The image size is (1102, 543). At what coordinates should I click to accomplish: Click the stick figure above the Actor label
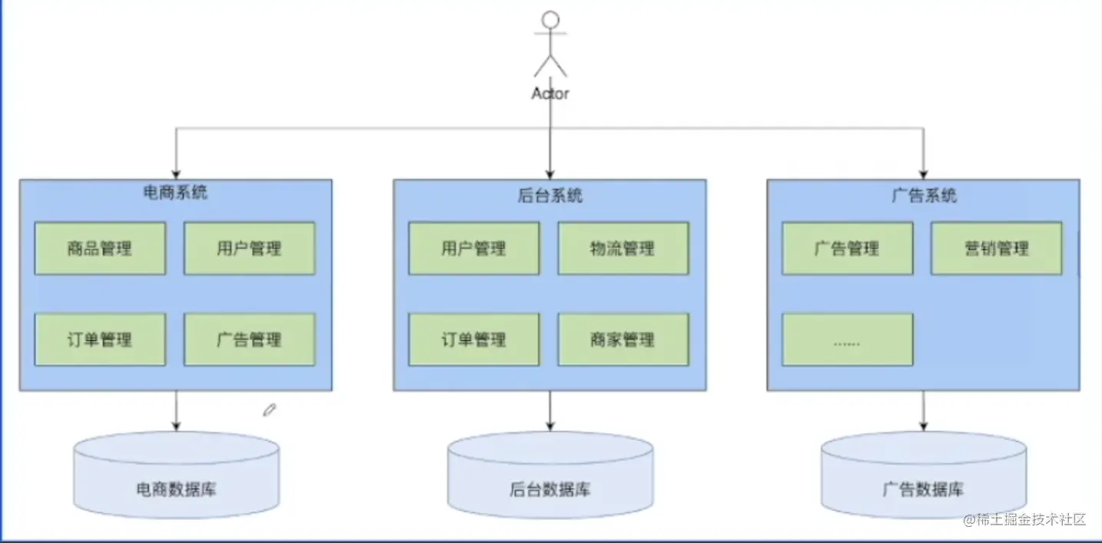(x=550, y=45)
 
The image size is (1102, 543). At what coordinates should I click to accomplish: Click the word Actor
(x=550, y=94)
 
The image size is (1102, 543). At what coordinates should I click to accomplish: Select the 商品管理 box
(x=100, y=248)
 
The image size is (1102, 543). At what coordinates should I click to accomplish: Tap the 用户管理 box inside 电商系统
(x=249, y=248)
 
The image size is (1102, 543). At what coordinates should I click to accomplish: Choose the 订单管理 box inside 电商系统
(x=100, y=339)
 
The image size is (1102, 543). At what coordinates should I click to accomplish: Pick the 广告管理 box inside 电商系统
(x=249, y=339)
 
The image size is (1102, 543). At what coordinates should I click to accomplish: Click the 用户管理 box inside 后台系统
(x=473, y=248)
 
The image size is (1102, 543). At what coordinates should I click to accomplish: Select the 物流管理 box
(x=622, y=248)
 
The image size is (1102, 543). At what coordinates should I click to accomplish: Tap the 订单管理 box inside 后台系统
(x=473, y=339)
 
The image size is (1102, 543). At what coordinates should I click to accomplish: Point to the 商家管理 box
(x=622, y=339)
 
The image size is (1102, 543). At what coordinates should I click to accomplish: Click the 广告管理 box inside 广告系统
(x=847, y=248)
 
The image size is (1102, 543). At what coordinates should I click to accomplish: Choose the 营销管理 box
(x=996, y=248)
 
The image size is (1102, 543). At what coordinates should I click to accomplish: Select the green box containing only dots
(x=847, y=339)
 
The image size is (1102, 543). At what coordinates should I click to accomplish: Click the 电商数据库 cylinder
(x=176, y=476)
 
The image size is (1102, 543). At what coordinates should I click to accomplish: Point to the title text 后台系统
(x=550, y=195)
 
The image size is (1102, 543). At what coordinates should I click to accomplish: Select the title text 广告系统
(x=924, y=195)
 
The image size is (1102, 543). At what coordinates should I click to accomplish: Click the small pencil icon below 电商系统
(x=269, y=410)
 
